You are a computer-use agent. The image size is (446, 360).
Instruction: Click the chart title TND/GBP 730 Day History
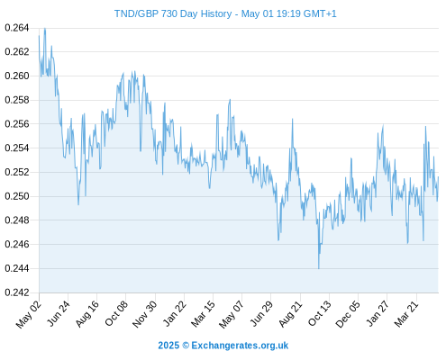[173, 13]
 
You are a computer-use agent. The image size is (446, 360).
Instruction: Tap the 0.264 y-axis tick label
[17, 28]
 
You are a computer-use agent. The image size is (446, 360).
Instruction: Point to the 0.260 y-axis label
[17, 76]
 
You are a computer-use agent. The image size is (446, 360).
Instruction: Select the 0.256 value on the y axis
[17, 124]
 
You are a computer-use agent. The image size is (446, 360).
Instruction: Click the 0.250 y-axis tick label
[17, 196]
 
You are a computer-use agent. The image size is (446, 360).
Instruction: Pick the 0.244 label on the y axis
[17, 268]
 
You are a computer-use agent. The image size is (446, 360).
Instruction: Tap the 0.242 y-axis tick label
[17, 292]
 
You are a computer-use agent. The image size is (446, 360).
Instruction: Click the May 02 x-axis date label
[29, 314]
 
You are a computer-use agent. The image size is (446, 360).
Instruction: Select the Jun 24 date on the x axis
[59, 313]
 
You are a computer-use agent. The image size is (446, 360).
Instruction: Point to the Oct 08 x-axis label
[116, 313]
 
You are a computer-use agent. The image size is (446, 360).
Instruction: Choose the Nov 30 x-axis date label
[145, 314]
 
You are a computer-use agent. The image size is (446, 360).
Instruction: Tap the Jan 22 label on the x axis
[174, 313]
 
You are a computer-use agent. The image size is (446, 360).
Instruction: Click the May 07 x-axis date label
[231, 314]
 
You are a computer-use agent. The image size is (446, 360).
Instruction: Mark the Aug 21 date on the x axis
[290, 313]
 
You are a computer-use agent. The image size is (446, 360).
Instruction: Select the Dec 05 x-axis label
[348, 314]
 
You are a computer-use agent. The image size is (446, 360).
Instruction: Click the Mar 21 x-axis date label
[406, 313]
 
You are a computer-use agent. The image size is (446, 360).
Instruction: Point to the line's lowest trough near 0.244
[319, 268]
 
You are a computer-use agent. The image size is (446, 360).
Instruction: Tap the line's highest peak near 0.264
[45, 29]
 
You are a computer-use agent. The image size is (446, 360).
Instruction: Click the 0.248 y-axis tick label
[17, 220]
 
